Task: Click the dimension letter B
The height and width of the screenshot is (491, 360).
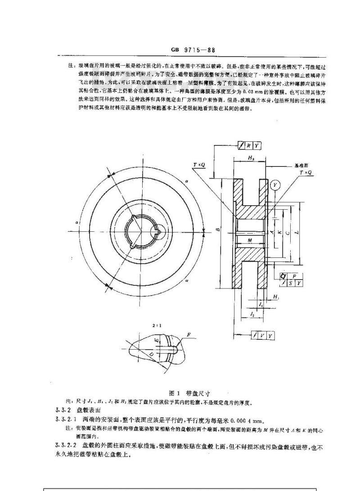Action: coord(218,230)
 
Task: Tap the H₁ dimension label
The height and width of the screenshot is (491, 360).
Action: coord(276,297)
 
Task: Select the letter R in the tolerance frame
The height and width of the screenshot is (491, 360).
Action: coord(248,145)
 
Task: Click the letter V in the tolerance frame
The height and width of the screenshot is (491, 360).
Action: coord(262,336)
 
